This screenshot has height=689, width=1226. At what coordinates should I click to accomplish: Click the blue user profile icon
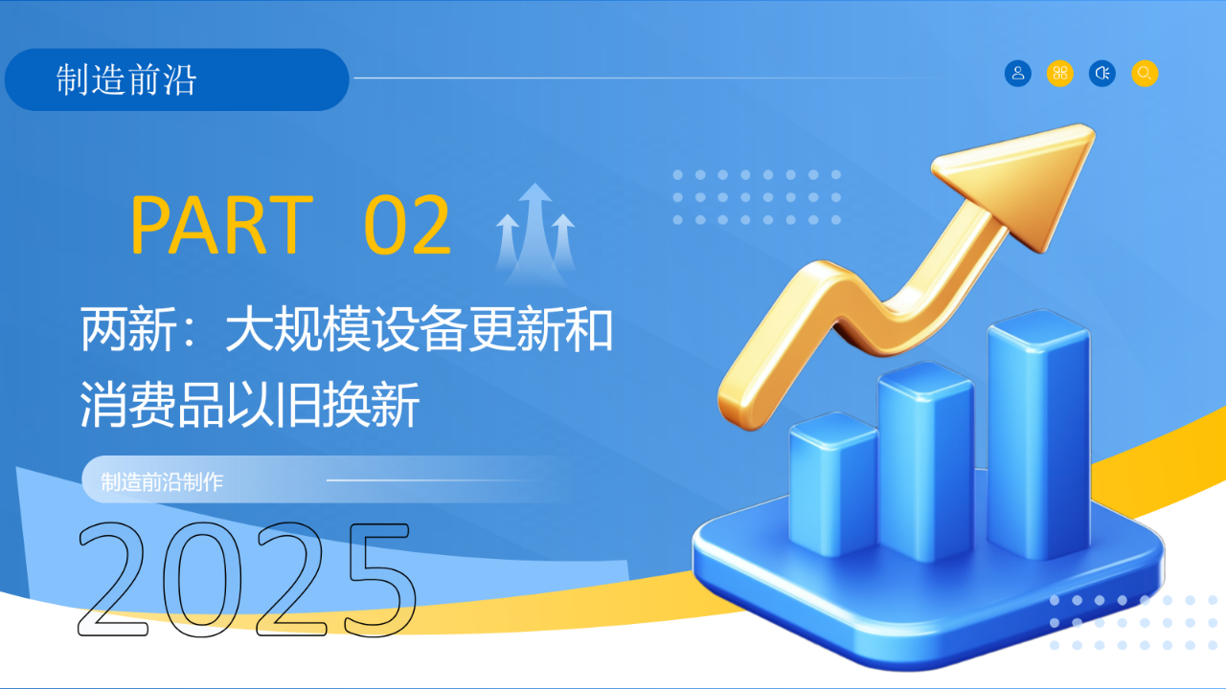pos(1017,74)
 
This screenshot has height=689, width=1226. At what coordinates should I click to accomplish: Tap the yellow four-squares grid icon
pos(1060,74)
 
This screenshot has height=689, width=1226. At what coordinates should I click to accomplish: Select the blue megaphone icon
pos(1102,74)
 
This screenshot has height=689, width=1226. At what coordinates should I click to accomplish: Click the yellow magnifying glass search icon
pos(1145,74)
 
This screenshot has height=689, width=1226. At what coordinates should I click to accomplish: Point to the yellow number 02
pos(408,225)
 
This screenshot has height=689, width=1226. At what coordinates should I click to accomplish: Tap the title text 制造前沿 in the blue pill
pos(125,79)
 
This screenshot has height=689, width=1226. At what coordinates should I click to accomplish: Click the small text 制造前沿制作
pos(162,482)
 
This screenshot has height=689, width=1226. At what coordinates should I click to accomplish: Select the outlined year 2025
pos(247,580)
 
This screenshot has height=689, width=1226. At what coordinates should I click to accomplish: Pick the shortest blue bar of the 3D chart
pos(833,484)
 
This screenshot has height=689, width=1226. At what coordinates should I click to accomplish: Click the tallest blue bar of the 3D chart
pos(1039,434)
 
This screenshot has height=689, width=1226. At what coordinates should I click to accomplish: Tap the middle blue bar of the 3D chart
pos(925,462)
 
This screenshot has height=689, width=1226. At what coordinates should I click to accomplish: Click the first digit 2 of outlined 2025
pos(113,580)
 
